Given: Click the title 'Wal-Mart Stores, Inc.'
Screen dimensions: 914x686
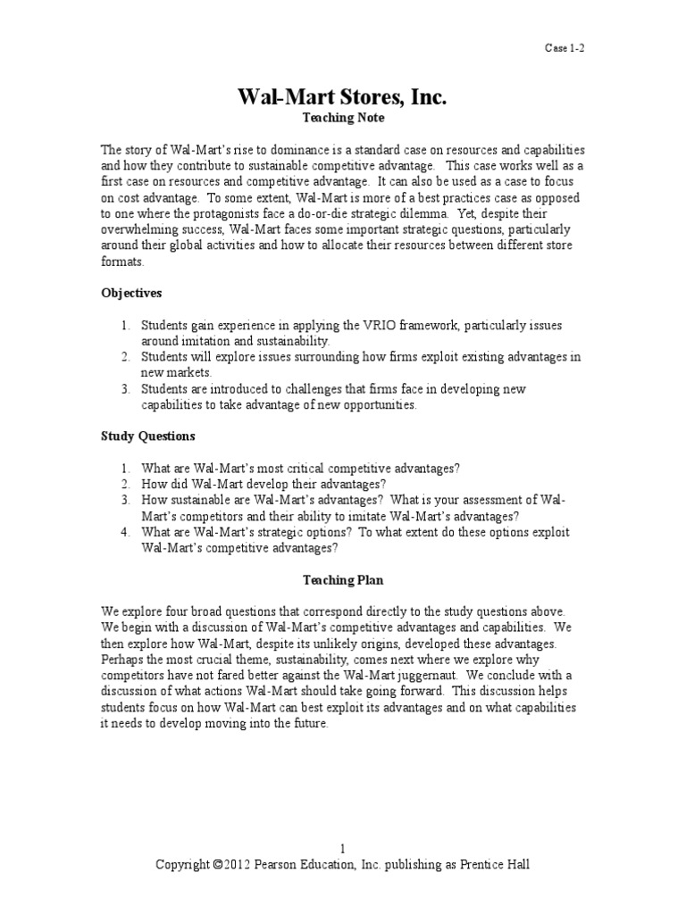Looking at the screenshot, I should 342,96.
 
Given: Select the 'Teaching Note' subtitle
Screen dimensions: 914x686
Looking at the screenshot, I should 342,118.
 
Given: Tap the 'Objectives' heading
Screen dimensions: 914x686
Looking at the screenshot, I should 131,293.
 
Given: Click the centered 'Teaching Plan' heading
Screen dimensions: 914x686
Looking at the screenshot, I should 342,580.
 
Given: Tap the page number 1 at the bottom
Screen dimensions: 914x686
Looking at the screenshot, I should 342,849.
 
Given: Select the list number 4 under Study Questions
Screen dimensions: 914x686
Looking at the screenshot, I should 125,533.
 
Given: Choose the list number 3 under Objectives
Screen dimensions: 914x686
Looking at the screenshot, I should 125,389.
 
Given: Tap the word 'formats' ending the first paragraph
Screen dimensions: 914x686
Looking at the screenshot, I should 121,262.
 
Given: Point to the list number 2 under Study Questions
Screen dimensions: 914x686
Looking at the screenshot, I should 125,485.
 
